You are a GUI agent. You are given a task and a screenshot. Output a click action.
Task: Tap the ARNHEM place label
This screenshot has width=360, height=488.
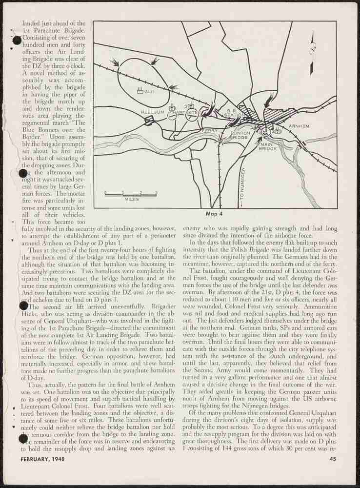[x=299, y=126]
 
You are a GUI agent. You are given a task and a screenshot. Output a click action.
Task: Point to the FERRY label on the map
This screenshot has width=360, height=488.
[x=210, y=131]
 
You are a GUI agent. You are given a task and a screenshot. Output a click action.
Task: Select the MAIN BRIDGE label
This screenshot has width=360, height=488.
[x=268, y=146]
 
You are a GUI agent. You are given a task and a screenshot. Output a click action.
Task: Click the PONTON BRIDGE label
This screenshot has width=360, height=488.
[x=240, y=136]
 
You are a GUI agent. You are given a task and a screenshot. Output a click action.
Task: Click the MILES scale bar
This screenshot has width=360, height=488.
[x=131, y=195]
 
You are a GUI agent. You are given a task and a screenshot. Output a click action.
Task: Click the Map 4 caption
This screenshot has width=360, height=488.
[x=215, y=213]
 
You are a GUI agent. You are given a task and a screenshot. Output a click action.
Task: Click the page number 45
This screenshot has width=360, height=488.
[x=333, y=458]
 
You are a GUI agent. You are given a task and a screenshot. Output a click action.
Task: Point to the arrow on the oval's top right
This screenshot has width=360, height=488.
[x=155, y=61]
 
